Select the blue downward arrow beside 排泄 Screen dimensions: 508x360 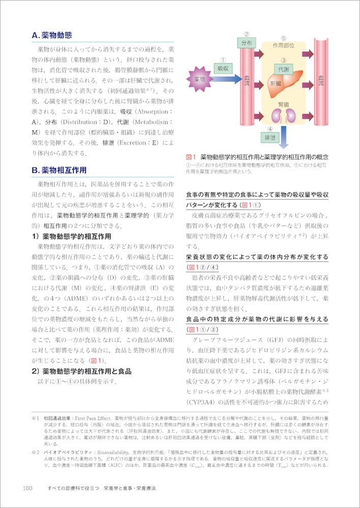click(288, 134)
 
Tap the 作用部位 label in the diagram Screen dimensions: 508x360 click(283, 45)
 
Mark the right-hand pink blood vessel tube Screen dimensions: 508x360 click(321, 81)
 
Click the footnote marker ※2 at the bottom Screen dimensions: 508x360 click(35, 451)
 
